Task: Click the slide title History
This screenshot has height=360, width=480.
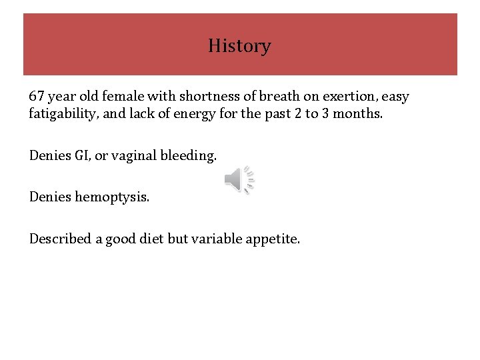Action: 239,46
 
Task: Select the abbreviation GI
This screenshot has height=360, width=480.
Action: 81,156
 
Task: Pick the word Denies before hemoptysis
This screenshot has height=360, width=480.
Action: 50,197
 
